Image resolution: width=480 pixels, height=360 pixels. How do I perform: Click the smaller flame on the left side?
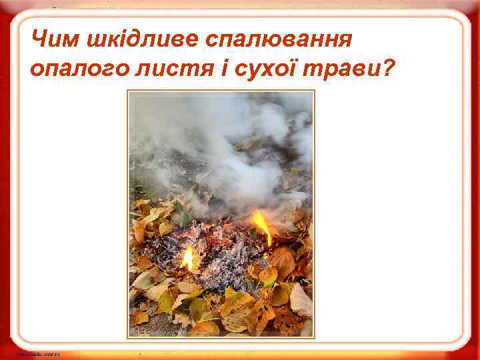tap(188, 257)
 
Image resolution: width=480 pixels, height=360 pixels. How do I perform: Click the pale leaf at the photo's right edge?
tap(301, 300)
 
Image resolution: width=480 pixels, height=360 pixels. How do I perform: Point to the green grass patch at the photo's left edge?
tap(137, 187)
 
